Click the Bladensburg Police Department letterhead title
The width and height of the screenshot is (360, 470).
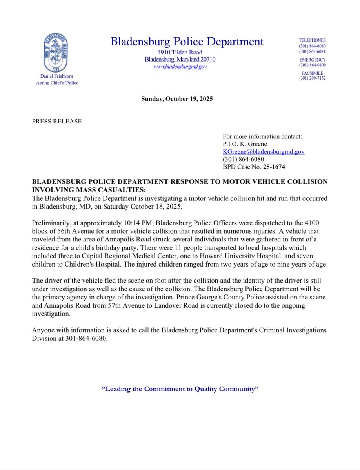[x=187, y=42]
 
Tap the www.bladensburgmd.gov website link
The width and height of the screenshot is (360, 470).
[x=180, y=67]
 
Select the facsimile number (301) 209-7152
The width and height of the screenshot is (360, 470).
[x=312, y=78]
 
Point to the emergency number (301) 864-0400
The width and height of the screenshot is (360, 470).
[x=312, y=65]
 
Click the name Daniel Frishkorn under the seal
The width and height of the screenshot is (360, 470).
[x=57, y=76]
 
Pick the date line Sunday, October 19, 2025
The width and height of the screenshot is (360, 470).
[x=177, y=99]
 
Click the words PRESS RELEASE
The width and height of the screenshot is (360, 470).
[x=57, y=121]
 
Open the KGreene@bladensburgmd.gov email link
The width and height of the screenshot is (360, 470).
[x=264, y=152]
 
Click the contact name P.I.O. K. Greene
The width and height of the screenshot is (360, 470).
[x=245, y=144]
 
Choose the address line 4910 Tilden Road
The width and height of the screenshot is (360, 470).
[x=180, y=53]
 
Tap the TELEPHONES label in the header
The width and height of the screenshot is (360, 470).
[x=312, y=40]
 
